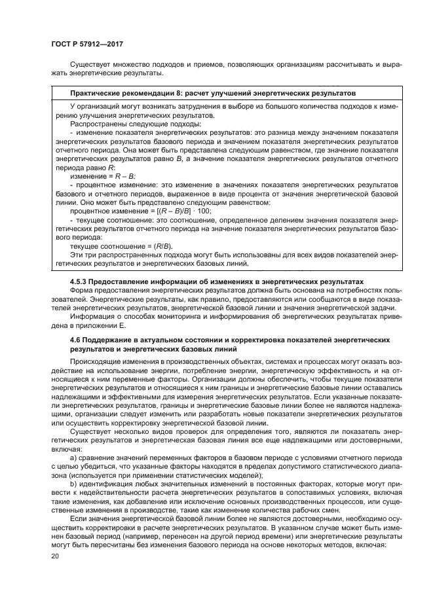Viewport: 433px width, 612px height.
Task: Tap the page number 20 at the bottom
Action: pos(56,556)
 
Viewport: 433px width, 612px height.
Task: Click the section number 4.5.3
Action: pos(79,281)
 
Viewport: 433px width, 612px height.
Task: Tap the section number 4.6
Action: pos(75,340)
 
